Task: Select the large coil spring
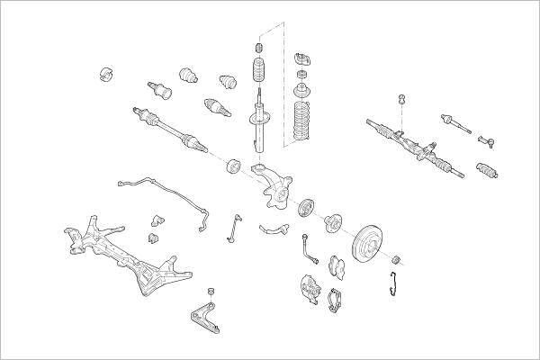(x=303, y=123)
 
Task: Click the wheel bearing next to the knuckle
(x=303, y=207)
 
